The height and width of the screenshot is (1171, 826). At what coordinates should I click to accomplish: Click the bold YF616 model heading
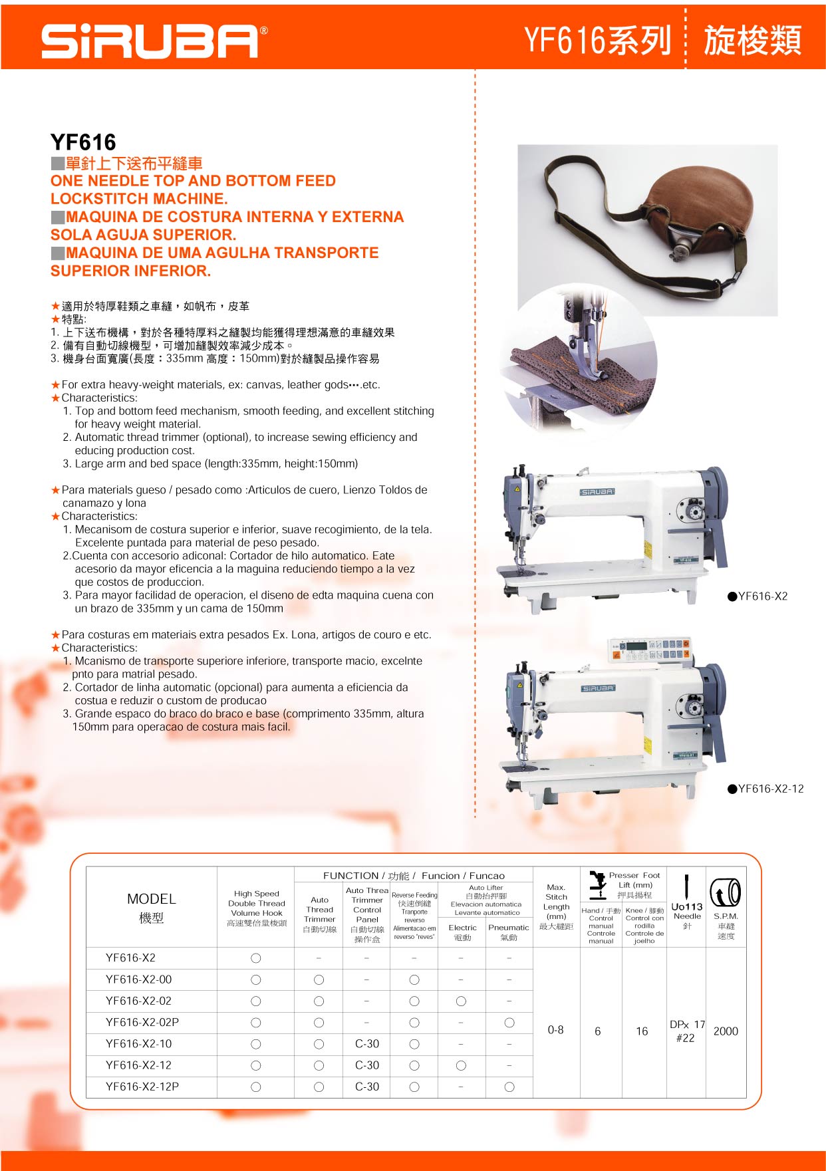83,142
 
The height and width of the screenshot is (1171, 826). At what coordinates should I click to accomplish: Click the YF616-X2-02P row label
142,1022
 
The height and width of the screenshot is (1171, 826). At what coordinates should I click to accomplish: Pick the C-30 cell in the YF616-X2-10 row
367,1043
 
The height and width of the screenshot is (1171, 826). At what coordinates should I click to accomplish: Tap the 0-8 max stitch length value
555,1029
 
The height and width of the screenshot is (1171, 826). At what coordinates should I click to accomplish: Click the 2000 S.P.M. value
726,1031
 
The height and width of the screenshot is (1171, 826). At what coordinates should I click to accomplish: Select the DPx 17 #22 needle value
687,1031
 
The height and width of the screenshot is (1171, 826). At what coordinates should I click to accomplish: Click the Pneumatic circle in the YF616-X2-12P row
509,1087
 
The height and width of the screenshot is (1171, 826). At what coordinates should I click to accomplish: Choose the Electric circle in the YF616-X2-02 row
461,1001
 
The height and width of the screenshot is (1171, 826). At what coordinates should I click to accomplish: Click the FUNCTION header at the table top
414,876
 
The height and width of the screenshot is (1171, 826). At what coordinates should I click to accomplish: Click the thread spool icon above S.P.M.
726,892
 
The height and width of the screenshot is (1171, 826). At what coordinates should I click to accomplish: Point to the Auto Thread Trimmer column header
320,914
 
